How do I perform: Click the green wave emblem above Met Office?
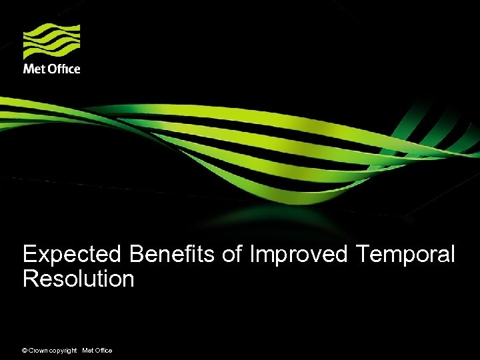[52, 41]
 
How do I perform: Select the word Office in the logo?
[64, 69]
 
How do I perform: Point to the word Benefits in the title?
[173, 254]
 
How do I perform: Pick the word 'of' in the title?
[233, 254]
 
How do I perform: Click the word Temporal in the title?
[406, 255]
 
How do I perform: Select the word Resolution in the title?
[78, 279]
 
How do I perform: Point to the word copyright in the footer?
[63, 351]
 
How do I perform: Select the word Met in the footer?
[87, 351]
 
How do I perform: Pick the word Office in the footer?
[103, 351]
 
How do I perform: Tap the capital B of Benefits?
[137, 254]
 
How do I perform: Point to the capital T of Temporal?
[363, 254]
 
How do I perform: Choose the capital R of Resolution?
[30, 279]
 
